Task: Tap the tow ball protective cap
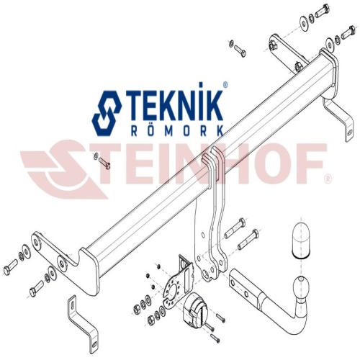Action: point(300,240)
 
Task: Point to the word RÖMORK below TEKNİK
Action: point(178,131)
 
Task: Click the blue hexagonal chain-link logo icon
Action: point(107,113)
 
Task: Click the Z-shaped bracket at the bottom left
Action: point(83,321)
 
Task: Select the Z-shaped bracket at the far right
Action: point(339,117)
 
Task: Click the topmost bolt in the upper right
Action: point(322,10)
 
